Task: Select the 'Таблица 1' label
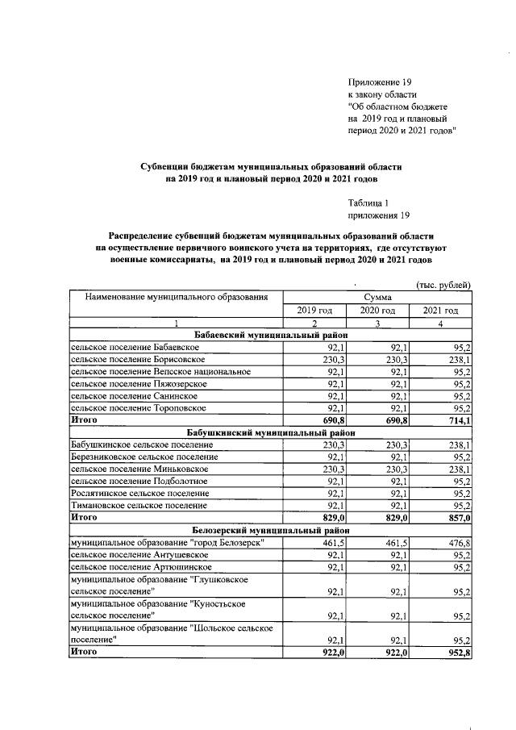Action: coord(368,203)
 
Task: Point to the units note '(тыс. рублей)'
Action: coord(443,285)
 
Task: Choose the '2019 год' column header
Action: coord(314,311)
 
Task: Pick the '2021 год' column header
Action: coord(440,311)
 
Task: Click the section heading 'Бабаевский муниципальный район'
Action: coord(270,335)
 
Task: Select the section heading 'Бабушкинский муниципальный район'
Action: coord(270,432)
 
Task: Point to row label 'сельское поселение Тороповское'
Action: coord(134,408)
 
